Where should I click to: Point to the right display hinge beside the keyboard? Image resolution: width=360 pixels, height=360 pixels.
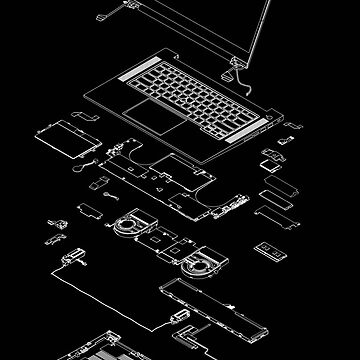coord(239,72)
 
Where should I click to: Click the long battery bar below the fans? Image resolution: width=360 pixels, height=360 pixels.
coord(210,299)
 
